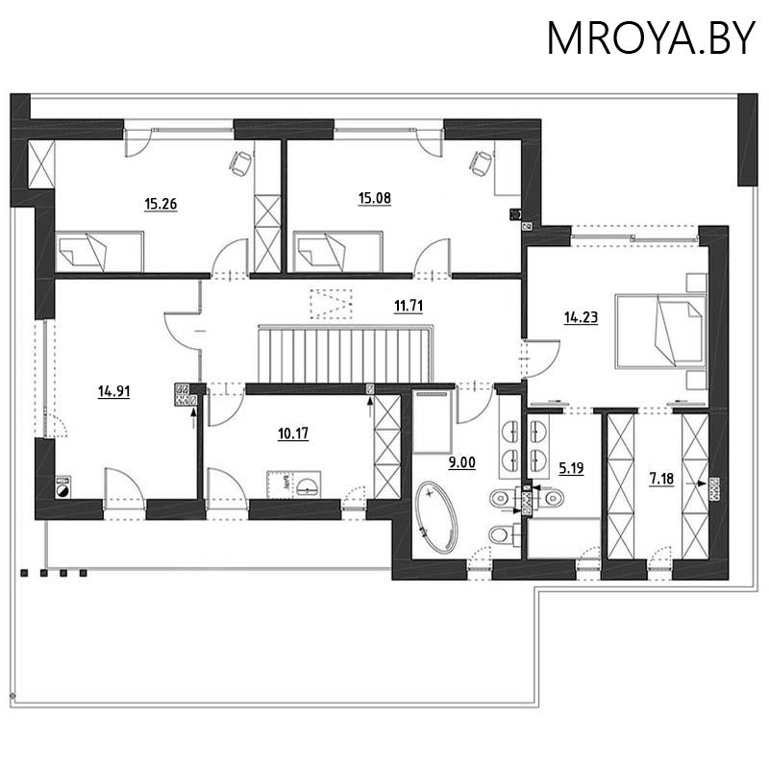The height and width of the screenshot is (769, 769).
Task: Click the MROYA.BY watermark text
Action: point(651,37)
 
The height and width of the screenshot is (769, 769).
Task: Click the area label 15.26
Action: point(161,204)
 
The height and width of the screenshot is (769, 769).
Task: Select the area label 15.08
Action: point(375,199)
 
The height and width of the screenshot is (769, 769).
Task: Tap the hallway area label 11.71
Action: point(409,307)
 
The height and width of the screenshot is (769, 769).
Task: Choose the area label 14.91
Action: point(114,390)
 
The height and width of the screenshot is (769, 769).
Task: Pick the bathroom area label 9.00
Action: point(461,462)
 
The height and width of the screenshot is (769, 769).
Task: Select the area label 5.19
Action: point(572,469)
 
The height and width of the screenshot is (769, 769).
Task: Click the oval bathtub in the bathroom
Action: point(440,520)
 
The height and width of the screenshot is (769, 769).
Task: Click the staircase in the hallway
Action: point(345,354)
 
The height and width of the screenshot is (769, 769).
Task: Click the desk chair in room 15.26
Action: point(240,163)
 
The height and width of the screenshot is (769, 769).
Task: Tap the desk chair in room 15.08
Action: point(477,162)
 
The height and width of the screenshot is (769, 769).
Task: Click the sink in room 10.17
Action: point(305,485)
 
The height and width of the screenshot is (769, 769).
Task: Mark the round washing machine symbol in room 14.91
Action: point(62,487)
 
